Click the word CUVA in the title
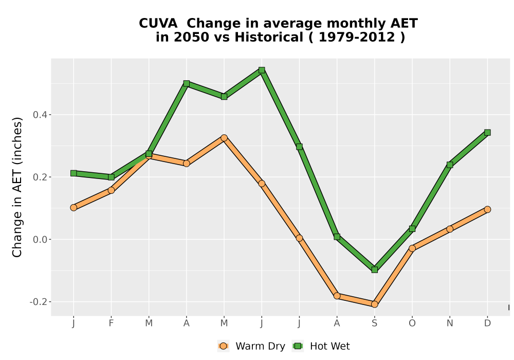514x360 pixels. click(x=158, y=24)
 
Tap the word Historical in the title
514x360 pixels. click(x=269, y=38)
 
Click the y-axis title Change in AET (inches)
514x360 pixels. click(x=17, y=187)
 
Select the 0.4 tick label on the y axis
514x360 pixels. click(x=40, y=115)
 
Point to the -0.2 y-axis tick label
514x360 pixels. click(x=38, y=302)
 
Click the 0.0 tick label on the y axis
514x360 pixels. click(x=40, y=240)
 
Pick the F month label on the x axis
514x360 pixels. click(x=111, y=323)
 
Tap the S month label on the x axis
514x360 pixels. click(x=374, y=323)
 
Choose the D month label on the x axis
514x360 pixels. click(x=487, y=323)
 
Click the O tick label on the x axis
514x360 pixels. click(x=412, y=323)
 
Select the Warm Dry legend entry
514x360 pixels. click(x=251, y=346)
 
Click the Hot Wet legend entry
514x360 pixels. click(x=321, y=346)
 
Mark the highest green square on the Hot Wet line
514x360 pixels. click(x=262, y=70)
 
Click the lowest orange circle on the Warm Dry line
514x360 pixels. click(x=374, y=304)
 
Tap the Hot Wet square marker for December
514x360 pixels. click(x=487, y=133)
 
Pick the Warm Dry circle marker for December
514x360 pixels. click(x=487, y=209)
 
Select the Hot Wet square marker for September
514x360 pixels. click(x=374, y=270)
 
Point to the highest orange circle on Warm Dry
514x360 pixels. click(x=224, y=138)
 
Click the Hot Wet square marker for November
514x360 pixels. click(x=450, y=165)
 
